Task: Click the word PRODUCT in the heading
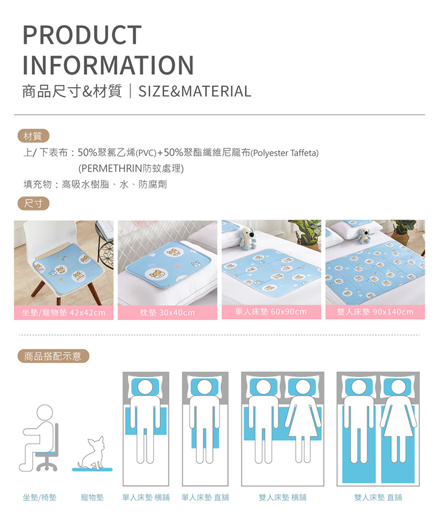click(x=82, y=35)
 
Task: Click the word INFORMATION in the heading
click(x=108, y=65)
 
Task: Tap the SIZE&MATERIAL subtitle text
click(x=195, y=92)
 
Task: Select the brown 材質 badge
click(x=33, y=136)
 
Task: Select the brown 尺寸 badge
click(x=33, y=203)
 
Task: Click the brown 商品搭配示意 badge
click(x=53, y=356)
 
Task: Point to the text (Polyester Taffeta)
click(x=284, y=153)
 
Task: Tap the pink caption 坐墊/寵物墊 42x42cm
click(x=64, y=312)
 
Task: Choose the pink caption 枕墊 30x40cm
click(x=167, y=312)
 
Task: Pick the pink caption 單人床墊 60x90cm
click(x=271, y=311)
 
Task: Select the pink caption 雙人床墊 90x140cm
click(x=375, y=311)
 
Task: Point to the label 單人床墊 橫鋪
click(x=146, y=497)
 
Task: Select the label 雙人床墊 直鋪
click(x=378, y=497)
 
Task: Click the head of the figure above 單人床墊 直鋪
click(x=205, y=387)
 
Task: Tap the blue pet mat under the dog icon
click(x=92, y=469)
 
